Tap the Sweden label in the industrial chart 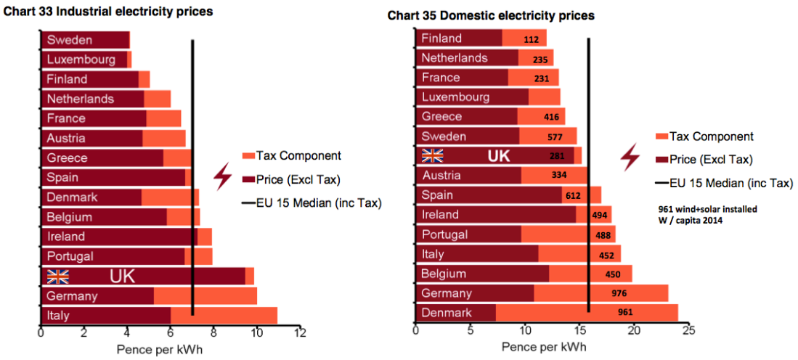point(69,40)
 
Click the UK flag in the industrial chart point(57,276)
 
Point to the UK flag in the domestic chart point(433,155)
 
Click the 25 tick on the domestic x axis point(688,331)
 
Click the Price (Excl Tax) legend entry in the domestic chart point(711,160)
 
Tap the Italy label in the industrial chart point(58,316)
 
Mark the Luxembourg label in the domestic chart point(455,97)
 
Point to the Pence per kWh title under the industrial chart point(160,349)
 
